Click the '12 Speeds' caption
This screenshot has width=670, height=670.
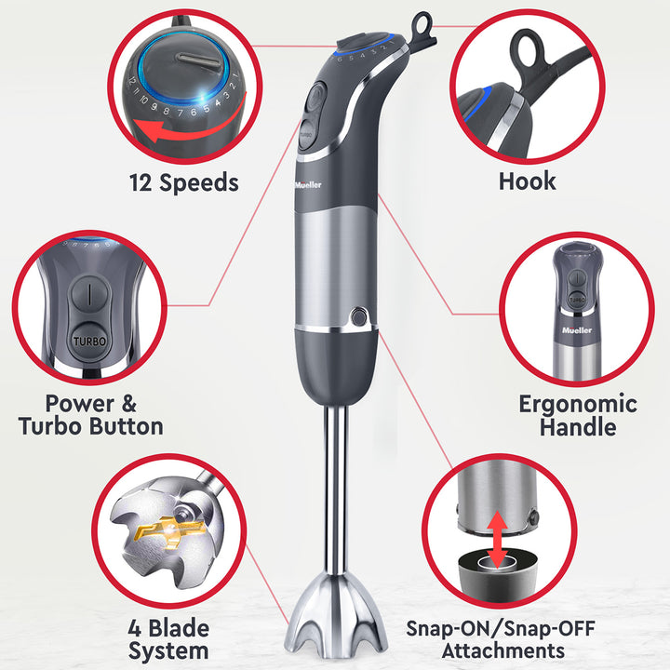182,182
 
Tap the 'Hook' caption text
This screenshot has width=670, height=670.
527,181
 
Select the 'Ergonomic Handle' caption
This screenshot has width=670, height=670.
577,415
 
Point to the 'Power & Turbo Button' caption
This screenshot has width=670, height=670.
91,415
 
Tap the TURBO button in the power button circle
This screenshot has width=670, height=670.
89,341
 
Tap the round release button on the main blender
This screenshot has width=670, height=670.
358,318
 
